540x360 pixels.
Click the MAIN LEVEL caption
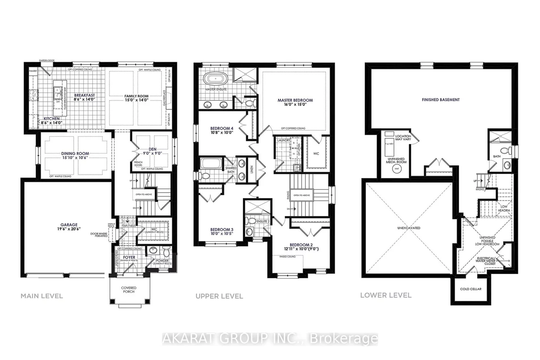(42, 296)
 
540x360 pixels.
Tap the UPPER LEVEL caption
(219, 296)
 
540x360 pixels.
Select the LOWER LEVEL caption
(386, 295)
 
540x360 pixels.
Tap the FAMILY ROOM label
(137, 96)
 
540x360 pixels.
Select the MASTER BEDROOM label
(295, 100)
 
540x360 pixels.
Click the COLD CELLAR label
(471, 289)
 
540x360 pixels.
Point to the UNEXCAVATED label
(408, 228)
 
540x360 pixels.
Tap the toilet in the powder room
(166, 251)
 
